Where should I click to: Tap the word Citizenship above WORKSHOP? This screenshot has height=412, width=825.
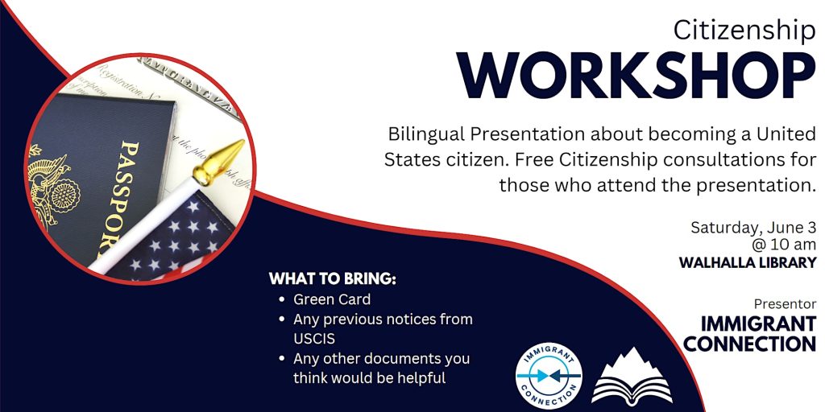(744, 31)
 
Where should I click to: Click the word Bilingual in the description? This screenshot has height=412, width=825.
(427, 135)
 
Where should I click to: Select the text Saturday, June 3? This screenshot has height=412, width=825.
(753, 228)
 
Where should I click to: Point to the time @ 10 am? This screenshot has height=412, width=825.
(785, 245)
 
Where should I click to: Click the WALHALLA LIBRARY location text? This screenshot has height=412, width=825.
(748, 263)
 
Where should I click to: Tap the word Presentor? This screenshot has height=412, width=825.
(785, 303)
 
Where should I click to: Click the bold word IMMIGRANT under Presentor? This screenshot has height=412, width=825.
(758, 324)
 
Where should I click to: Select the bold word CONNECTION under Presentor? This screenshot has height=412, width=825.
(750, 344)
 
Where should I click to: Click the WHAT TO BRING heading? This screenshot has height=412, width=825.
(333, 279)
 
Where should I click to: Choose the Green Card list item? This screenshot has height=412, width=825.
(332, 299)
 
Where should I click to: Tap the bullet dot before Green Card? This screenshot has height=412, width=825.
(283, 300)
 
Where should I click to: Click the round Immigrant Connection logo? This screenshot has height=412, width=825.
(548, 375)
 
